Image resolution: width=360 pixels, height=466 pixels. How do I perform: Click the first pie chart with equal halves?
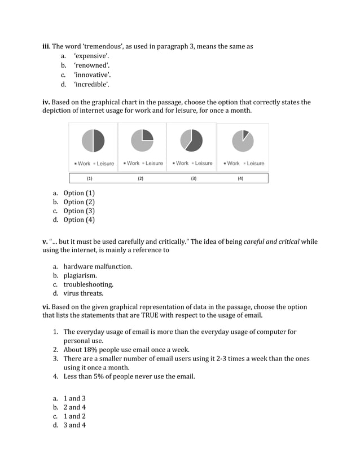pyautogui.click(x=93, y=141)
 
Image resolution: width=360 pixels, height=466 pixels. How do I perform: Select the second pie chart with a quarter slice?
pyautogui.click(x=142, y=141)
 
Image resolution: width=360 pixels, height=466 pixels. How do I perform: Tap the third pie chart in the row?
pyautogui.click(x=191, y=141)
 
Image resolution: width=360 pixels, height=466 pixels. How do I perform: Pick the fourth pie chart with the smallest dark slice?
pyautogui.click(x=243, y=141)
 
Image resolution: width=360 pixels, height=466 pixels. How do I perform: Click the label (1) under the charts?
pyautogui.click(x=89, y=178)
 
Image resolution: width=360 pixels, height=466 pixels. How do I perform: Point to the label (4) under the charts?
pyautogui.click(x=240, y=178)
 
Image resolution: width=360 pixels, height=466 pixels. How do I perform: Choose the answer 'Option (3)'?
pyautogui.click(x=79, y=211)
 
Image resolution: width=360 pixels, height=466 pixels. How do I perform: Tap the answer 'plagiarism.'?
pyautogui.click(x=80, y=275)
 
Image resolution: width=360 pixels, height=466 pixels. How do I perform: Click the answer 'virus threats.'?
pyautogui.click(x=83, y=293)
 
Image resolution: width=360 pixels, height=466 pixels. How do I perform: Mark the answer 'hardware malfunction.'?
pyautogui.click(x=98, y=266)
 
